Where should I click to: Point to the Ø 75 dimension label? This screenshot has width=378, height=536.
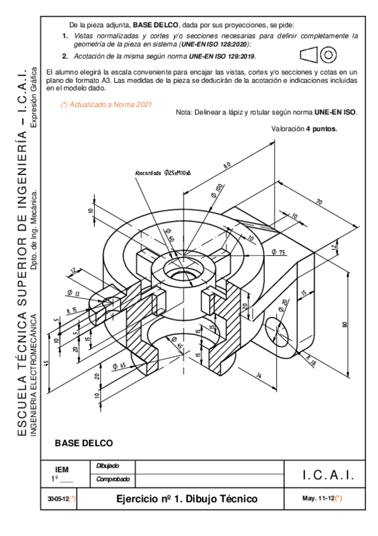(x=278, y=252)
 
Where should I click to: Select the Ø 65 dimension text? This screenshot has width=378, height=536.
(x=119, y=365)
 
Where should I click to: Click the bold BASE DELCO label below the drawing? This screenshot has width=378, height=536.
(x=84, y=443)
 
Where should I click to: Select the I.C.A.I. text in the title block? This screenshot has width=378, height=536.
(x=328, y=474)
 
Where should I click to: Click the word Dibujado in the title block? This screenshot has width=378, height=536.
(x=107, y=466)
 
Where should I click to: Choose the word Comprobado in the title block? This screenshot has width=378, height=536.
(x=112, y=480)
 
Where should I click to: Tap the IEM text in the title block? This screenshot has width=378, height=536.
(x=62, y=469)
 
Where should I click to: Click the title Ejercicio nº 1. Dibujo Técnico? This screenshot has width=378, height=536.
(x=187, y=499)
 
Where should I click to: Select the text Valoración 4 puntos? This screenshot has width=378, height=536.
(x=304, y=128)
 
